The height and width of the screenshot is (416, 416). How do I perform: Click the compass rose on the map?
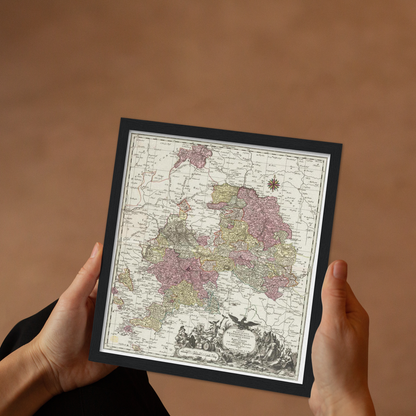273,184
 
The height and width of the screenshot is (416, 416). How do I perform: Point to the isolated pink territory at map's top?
194,155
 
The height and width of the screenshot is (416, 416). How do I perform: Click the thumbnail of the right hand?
339,270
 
